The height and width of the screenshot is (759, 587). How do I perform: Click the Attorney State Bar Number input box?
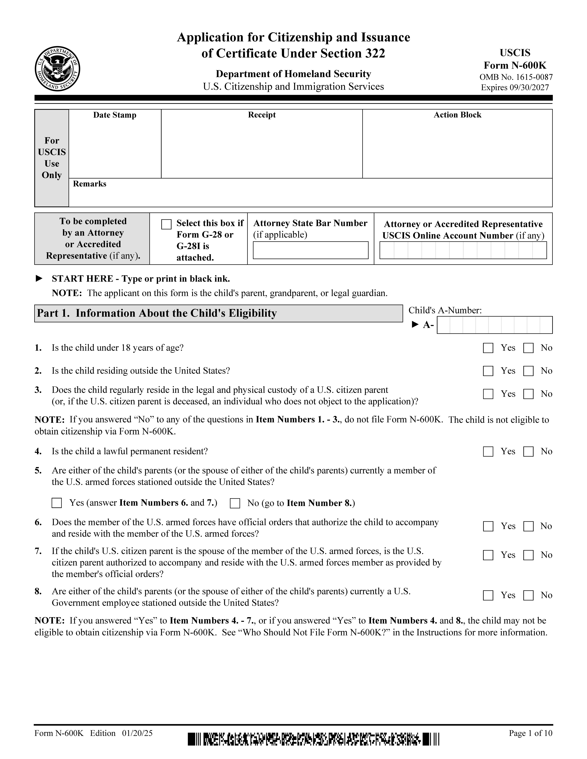pos(310,250)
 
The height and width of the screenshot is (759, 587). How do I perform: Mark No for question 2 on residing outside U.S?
pos(528,371)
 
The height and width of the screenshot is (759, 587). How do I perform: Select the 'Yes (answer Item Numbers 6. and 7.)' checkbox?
pos(57,503)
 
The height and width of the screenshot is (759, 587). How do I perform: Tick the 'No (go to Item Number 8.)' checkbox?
pos(235,503)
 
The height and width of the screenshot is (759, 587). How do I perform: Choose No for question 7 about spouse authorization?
pos(528,555)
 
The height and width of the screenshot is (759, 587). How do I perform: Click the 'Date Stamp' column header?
pos(115,115)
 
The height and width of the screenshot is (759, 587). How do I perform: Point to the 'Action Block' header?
pos(457,115)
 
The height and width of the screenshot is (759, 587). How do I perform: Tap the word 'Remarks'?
pos(89,184)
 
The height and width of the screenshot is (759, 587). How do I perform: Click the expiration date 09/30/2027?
pos(529,88)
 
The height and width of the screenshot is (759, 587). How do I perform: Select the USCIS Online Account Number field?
pos(463,250)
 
